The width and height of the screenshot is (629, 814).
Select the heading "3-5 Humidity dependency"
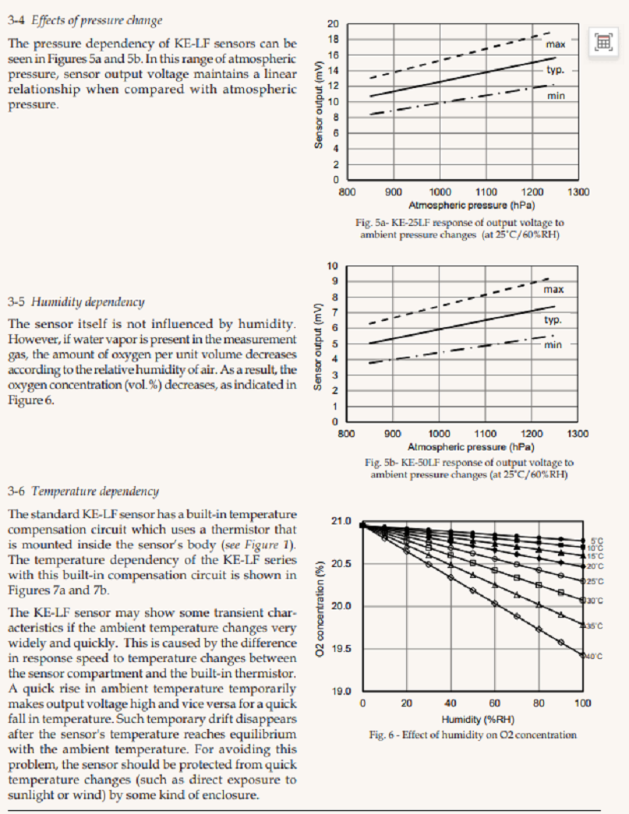pos(76,301)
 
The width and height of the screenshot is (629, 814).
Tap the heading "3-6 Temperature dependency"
pos(83,491)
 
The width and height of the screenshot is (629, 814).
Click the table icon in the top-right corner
pos(602,42)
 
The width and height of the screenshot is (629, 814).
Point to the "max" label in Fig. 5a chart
pos(555,44)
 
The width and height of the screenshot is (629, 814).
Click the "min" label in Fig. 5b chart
pos(553,344)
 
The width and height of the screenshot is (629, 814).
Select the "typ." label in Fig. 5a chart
pos(554,69)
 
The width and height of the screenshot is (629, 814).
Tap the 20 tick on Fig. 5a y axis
pos(334,23)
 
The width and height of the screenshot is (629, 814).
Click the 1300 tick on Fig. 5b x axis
pos(578,433)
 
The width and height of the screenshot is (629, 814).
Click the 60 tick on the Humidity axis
pos(495,703)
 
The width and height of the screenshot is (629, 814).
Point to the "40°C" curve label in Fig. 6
pos(594,656)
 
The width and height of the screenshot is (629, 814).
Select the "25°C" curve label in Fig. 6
pos(595,581)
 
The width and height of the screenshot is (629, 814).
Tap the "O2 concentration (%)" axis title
pos(321,606)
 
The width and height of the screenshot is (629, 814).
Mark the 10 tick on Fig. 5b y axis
pos(334,266)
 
